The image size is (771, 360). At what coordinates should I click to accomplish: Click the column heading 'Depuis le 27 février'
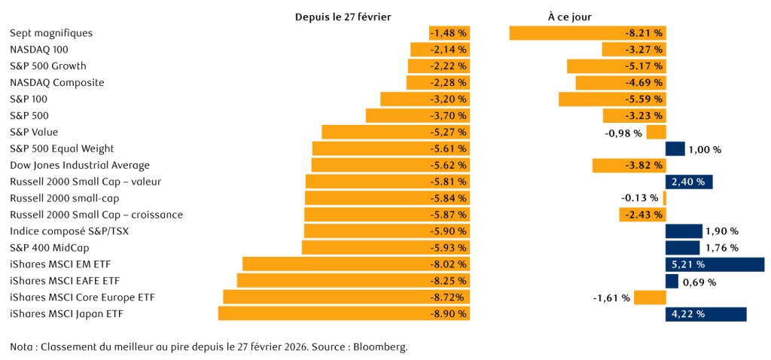click(343, 16)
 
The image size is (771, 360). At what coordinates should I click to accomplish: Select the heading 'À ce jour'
click(570, 16)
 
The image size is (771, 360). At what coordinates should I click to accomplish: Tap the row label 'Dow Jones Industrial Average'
click(80, 165)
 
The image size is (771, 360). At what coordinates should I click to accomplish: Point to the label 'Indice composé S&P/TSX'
click(69, 231)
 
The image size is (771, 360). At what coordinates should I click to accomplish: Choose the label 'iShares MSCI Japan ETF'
click(66, 313)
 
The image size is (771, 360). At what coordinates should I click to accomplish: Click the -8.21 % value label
click(645, 33)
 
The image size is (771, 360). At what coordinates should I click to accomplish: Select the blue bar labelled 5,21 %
click(715, 264)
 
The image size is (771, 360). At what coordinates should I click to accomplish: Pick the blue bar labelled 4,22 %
click(705, 314)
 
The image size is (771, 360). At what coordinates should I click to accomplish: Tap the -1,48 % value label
click(448, 33)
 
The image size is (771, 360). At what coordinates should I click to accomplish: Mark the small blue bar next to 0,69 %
click(672, 281)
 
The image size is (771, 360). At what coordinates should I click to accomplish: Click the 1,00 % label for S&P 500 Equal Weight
click(705, 149)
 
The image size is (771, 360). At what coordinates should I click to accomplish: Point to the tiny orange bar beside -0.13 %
click(664, 198)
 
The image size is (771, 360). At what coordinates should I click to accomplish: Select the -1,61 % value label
click(611, 297)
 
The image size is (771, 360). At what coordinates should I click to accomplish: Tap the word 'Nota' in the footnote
click(22, 347)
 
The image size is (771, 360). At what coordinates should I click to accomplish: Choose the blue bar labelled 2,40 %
click(689, 182)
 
